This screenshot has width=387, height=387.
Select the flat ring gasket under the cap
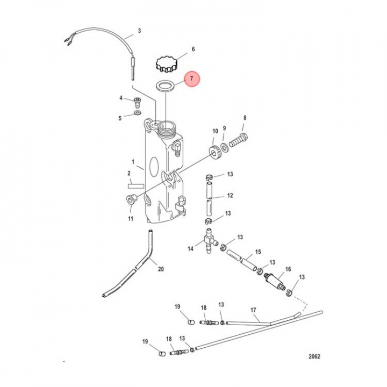click(166, 85)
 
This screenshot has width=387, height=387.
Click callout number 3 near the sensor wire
click(139, 31)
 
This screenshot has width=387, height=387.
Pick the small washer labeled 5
click(138, 114)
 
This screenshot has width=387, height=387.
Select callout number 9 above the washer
click(225, 128)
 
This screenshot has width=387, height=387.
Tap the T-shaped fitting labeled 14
click(208, 236)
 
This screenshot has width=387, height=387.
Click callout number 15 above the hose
click(258, 252)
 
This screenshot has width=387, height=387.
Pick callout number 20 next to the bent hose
click(160, 269)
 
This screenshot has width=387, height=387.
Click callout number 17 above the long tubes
click(253, 310)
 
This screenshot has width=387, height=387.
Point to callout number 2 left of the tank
click(129, 173)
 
